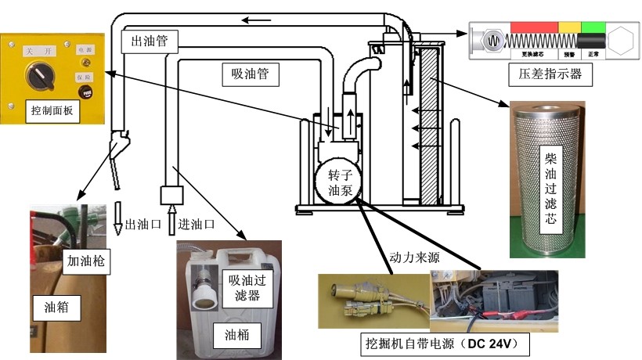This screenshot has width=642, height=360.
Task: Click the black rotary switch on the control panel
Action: point(37,77)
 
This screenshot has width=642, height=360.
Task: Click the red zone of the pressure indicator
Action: point(533,27)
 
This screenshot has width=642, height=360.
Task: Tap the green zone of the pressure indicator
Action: point(593,27)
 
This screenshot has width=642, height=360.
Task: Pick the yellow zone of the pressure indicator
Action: point(569,27)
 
